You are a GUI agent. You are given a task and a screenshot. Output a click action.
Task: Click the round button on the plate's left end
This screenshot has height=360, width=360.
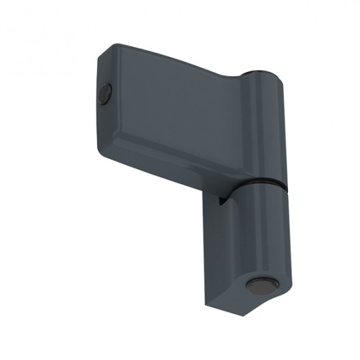(x=104, y=93)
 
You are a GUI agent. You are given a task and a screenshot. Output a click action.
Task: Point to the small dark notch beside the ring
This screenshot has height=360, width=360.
(x=221, y=199)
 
